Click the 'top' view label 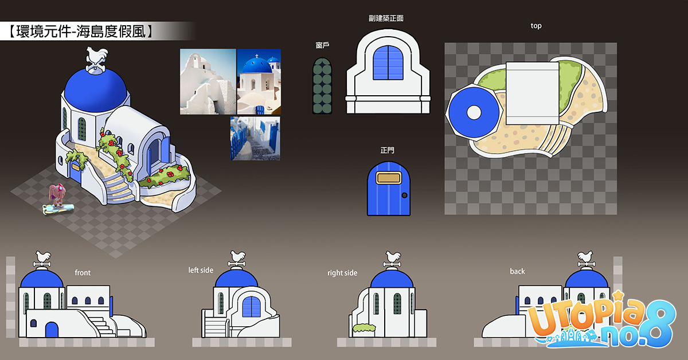536,26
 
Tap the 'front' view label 83,272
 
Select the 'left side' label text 201,270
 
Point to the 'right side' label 342,273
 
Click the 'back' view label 517,271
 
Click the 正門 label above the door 387,150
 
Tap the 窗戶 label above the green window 322,45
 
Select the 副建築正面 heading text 386,18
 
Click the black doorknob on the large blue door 405,195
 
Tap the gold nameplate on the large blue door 389,178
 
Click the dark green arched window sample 322,86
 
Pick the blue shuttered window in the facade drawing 388,62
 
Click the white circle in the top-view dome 474,112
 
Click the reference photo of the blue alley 255,138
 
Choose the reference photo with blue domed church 259,82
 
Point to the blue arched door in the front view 52,329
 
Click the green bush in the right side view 364,328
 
